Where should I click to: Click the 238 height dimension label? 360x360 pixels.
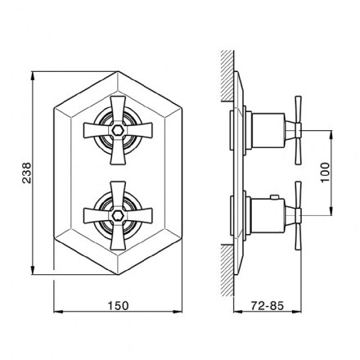click(x=27, y=173)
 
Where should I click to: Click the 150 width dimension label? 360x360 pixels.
click(x=118, y=305)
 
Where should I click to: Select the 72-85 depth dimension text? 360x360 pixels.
click(x=268, y=306)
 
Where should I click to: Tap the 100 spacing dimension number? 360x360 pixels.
click(x=325, y=173)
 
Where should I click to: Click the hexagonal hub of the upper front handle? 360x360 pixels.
click(x=118, y=130)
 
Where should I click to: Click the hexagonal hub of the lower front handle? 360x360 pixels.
click(x=118, y=215)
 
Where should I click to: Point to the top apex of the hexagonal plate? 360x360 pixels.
click(x=118, y=72)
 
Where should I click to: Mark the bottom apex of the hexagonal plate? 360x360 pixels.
click(x=118, y=274)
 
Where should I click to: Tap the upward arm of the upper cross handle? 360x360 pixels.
click(x=118, y=110)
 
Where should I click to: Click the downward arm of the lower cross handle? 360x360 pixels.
click(x=118, y=235)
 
